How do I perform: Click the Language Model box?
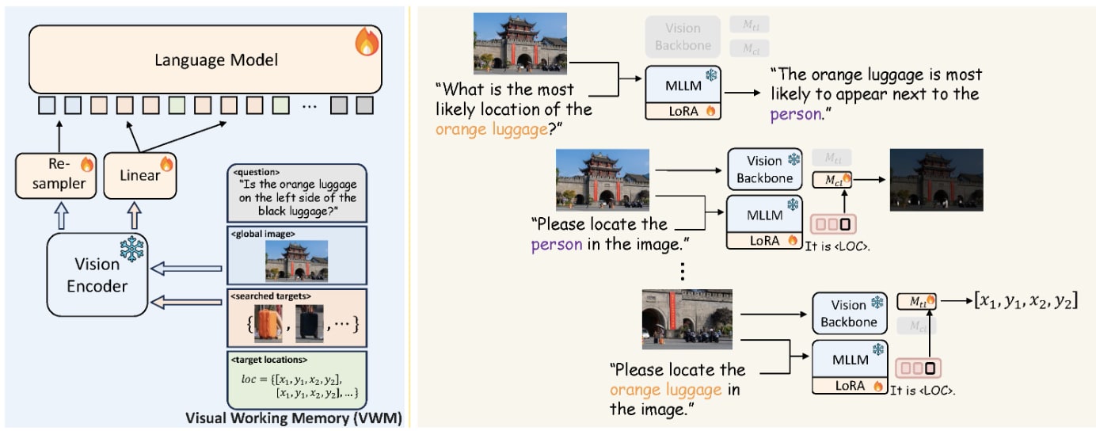(205, 59)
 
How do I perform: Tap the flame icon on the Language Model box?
(367, 43)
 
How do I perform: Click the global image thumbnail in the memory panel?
(296, 261)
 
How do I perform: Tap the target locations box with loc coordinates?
(296, 379)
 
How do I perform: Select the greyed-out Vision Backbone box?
(683, 36)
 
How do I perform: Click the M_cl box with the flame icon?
(835, 180)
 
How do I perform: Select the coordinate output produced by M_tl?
(1028, 301)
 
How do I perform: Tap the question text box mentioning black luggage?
(296, 193)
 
